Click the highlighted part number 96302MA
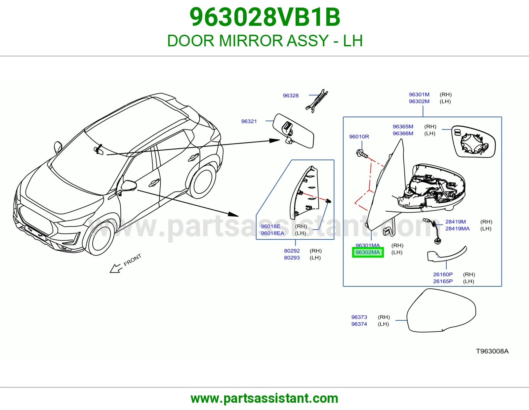click(368, 252)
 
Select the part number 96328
click(290, 96)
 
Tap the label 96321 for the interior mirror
click(249, 121)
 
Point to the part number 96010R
click(359, 137)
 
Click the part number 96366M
click(403, 134)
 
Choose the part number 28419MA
click(457, 228)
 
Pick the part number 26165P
click(443, 281)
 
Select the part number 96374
click(359, 324)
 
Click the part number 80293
click(292, 258)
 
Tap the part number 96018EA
click(272, 233)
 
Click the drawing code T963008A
click(492, 351)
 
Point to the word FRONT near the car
click(132, 260)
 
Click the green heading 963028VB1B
click(264, 17)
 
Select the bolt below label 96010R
click(362, 154)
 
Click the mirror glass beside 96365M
click(473, 142)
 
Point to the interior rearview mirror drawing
click(293, 131)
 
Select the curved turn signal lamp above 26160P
click(447, 254)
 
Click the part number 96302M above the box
click(419, 101)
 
